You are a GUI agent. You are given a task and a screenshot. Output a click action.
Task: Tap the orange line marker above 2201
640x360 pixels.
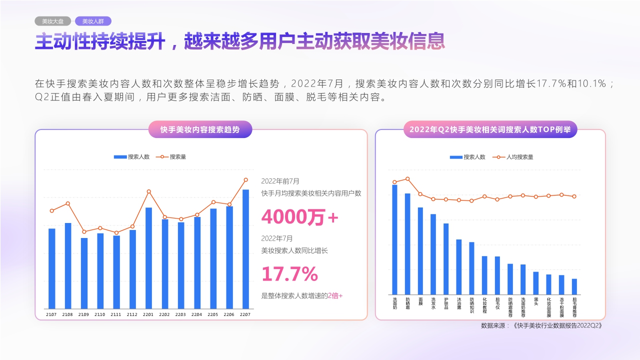coord(148,191)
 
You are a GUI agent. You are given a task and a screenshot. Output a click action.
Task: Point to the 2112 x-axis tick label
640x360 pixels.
coord(132,314)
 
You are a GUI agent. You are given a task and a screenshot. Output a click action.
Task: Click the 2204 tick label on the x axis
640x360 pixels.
coord(197,314)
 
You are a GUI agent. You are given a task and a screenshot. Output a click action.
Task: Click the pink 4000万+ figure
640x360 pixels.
coord(299,217)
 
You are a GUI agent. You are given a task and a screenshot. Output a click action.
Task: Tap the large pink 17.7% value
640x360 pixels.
coord(289,274)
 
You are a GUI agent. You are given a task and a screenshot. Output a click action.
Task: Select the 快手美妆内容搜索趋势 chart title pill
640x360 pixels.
coord(200,129)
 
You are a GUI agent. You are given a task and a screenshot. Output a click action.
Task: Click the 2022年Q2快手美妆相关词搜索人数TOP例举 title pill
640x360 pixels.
coord(490,129)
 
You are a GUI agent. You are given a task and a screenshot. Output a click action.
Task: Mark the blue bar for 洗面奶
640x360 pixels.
coord(394,239)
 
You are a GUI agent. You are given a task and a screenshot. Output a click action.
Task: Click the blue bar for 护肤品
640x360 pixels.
coord(446,258)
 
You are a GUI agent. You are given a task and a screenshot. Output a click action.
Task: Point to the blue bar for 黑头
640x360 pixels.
coord(536,283)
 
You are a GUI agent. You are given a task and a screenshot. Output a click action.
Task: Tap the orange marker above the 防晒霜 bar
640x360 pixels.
coord(407,179)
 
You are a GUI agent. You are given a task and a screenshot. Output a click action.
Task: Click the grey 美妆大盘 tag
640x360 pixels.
coord(52,21)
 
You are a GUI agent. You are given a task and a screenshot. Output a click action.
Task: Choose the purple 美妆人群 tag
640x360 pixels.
coord(93,21)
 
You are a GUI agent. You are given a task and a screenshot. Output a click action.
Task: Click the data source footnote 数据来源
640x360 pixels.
coord(540,325)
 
